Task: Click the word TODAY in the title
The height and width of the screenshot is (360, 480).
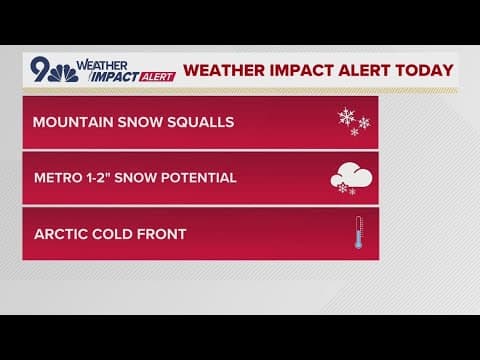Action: tap(421, 71)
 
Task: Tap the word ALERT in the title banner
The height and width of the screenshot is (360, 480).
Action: tap(354, 71)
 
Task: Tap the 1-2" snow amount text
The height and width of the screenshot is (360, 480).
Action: tap(107, 178)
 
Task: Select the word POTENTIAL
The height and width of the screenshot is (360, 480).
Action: tap(201, 178)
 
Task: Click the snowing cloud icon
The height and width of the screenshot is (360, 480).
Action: tap(351, 180)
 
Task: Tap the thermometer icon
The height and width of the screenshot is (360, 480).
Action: tap(356, 235)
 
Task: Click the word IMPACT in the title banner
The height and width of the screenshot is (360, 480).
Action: tap(281, 71)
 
